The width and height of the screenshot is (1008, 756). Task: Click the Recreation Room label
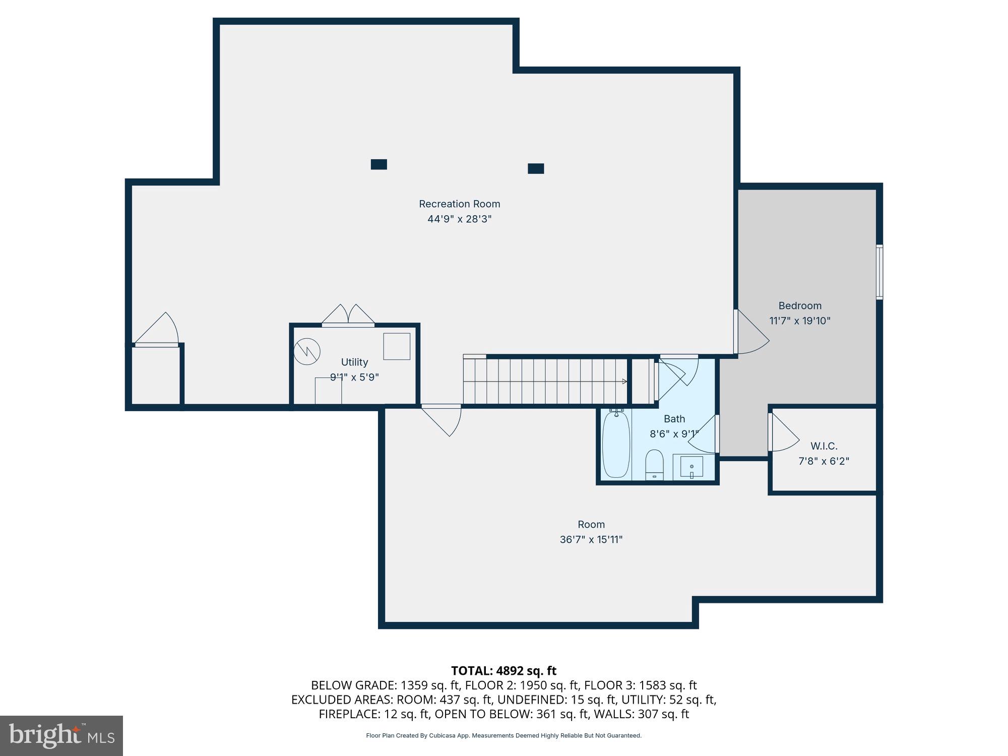(459, 204)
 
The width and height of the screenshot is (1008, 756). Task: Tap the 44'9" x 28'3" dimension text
(459, 219)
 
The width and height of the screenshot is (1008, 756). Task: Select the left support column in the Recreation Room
(379, 164)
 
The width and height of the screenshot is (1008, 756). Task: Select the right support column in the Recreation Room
(536, 168)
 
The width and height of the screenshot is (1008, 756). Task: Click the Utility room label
(354, 362)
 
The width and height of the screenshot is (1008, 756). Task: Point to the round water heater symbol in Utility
(307, 351)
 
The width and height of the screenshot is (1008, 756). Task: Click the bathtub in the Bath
(616, 444)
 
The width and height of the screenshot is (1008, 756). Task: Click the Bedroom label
(800, 306)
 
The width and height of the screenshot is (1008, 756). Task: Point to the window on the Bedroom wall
(879, 272)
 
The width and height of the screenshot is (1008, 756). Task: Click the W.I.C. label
(824, 446)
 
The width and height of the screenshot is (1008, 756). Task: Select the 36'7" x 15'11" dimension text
(591, 540)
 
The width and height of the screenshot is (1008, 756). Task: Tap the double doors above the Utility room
(348, 316)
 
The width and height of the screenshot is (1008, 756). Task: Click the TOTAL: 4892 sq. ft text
(503, 671)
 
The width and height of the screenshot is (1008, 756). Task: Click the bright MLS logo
(61, 735)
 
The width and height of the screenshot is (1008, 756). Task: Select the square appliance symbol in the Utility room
(397, 346)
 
